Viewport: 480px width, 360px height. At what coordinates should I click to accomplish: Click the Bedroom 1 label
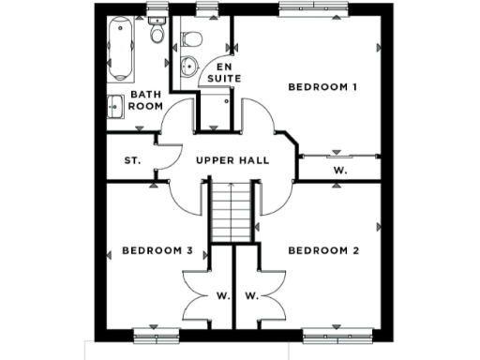323,87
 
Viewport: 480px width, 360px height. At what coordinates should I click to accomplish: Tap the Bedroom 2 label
323,250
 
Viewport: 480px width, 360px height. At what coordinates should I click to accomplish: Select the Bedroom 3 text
157,250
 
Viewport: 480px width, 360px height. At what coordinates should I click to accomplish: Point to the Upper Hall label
232,160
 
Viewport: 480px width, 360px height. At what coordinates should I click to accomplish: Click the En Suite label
223,72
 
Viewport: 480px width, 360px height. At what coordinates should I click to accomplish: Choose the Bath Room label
146,99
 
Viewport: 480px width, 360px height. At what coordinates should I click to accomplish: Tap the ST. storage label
132,160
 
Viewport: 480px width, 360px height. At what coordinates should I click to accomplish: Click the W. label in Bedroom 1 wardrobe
338,171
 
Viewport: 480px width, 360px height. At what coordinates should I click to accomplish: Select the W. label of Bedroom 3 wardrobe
223,296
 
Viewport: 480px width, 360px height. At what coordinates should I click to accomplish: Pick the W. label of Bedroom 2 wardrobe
251,296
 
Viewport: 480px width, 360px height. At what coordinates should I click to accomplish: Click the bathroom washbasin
116,105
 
